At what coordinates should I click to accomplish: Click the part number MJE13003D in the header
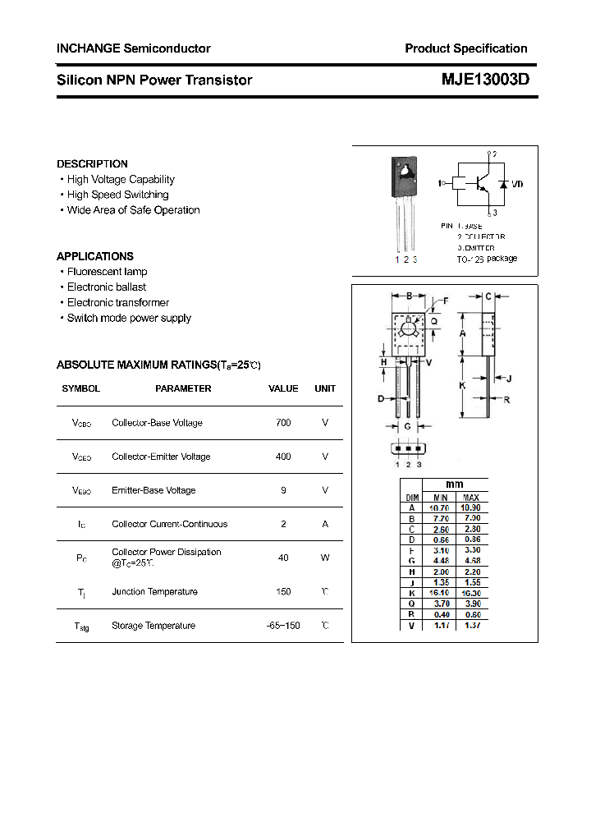[x=484, y=80]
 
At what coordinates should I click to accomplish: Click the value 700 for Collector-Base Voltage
[x=283, y=423]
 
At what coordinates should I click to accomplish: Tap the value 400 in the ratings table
[x=283, y=457]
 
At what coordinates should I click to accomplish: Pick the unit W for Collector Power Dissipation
[x=325, y=558]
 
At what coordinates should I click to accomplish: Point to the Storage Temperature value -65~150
[x=283, y=626]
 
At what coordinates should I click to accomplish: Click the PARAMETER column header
[x=183, y=388]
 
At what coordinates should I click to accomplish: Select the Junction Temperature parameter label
[x=154, y=592]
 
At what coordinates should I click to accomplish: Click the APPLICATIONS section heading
[x=95, y=256]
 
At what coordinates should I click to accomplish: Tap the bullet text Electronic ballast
[x=107, y=287]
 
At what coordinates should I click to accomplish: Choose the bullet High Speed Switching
[x=117, y=195]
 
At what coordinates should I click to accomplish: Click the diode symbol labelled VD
[x=502, y=185]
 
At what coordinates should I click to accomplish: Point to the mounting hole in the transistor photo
[x=404, y=170]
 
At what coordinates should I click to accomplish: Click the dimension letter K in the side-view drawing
[x=462, y=385]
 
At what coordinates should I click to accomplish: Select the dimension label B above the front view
[x=409, y=296]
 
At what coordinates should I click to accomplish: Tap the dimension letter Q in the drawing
[x=434, y=321]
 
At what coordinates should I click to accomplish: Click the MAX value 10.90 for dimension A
[x=470, y=508]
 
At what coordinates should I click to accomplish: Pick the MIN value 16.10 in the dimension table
[x=441, y=593]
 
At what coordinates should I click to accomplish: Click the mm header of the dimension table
[x=455, y=484]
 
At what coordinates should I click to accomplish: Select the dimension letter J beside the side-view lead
[x=509, y=379]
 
